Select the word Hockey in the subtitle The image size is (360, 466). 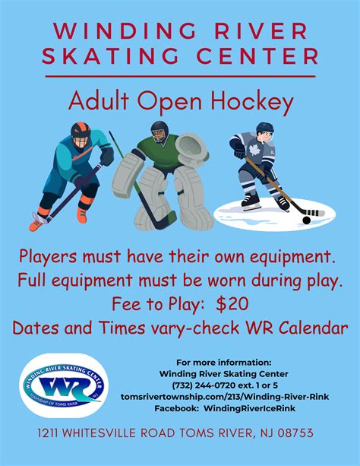click(232, 100)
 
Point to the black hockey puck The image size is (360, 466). click(306, 220)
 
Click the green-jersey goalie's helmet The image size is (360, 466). click(159, 131)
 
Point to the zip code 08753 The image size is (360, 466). click(294, 434)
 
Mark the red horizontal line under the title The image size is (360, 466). click(180, 76)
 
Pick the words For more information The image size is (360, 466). click(223, 363)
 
